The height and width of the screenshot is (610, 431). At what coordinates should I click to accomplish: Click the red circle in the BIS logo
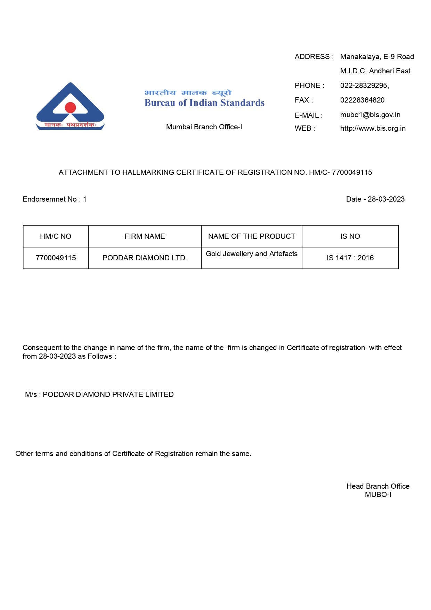pos(71,108)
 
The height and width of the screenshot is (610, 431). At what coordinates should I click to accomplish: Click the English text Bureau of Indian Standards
pos(204,103)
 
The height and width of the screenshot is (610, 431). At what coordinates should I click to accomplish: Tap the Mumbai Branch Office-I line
pos(204,127)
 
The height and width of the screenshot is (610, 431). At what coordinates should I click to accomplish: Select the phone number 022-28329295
pos(364,86)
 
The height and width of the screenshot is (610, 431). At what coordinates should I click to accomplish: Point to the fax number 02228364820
pos(362,100)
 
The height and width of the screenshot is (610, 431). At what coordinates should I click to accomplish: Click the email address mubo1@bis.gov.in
pos(370,115)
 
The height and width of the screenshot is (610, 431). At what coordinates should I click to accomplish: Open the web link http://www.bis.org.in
pos(373,128)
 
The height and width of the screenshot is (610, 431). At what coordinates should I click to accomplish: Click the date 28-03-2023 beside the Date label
pos(386,199)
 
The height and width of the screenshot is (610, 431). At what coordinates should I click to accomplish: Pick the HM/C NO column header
pos(56,236)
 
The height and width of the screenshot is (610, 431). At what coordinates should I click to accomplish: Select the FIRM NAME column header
pos(145,236)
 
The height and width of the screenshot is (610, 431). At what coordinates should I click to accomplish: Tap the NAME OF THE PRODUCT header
pos(252,236)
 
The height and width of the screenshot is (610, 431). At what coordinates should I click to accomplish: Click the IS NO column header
pos(350,236)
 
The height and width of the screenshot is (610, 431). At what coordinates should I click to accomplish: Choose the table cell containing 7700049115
pos(56,258)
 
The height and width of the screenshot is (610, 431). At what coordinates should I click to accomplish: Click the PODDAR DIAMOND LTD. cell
pos(145,258)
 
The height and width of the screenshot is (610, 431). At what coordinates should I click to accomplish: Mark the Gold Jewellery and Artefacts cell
pos(252,254)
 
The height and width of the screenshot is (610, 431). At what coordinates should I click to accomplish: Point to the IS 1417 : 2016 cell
pos(350,258)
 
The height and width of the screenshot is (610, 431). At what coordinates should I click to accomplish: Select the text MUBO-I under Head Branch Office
pos(378,495)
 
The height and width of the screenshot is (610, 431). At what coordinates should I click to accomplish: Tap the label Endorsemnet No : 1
pos(55,199)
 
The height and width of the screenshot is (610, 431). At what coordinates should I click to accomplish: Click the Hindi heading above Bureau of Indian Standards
pos(188,93)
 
